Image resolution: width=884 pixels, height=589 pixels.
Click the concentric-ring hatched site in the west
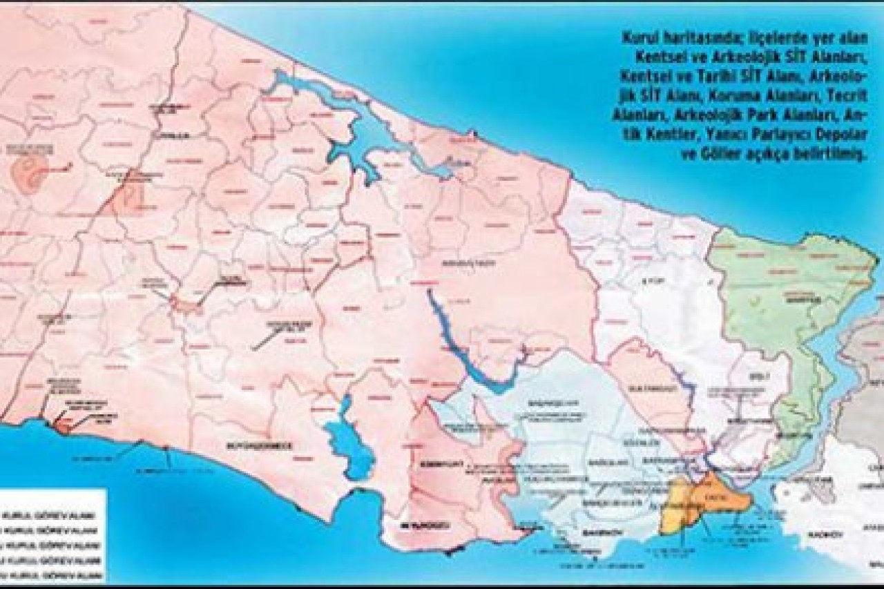[x=28, y=171]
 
